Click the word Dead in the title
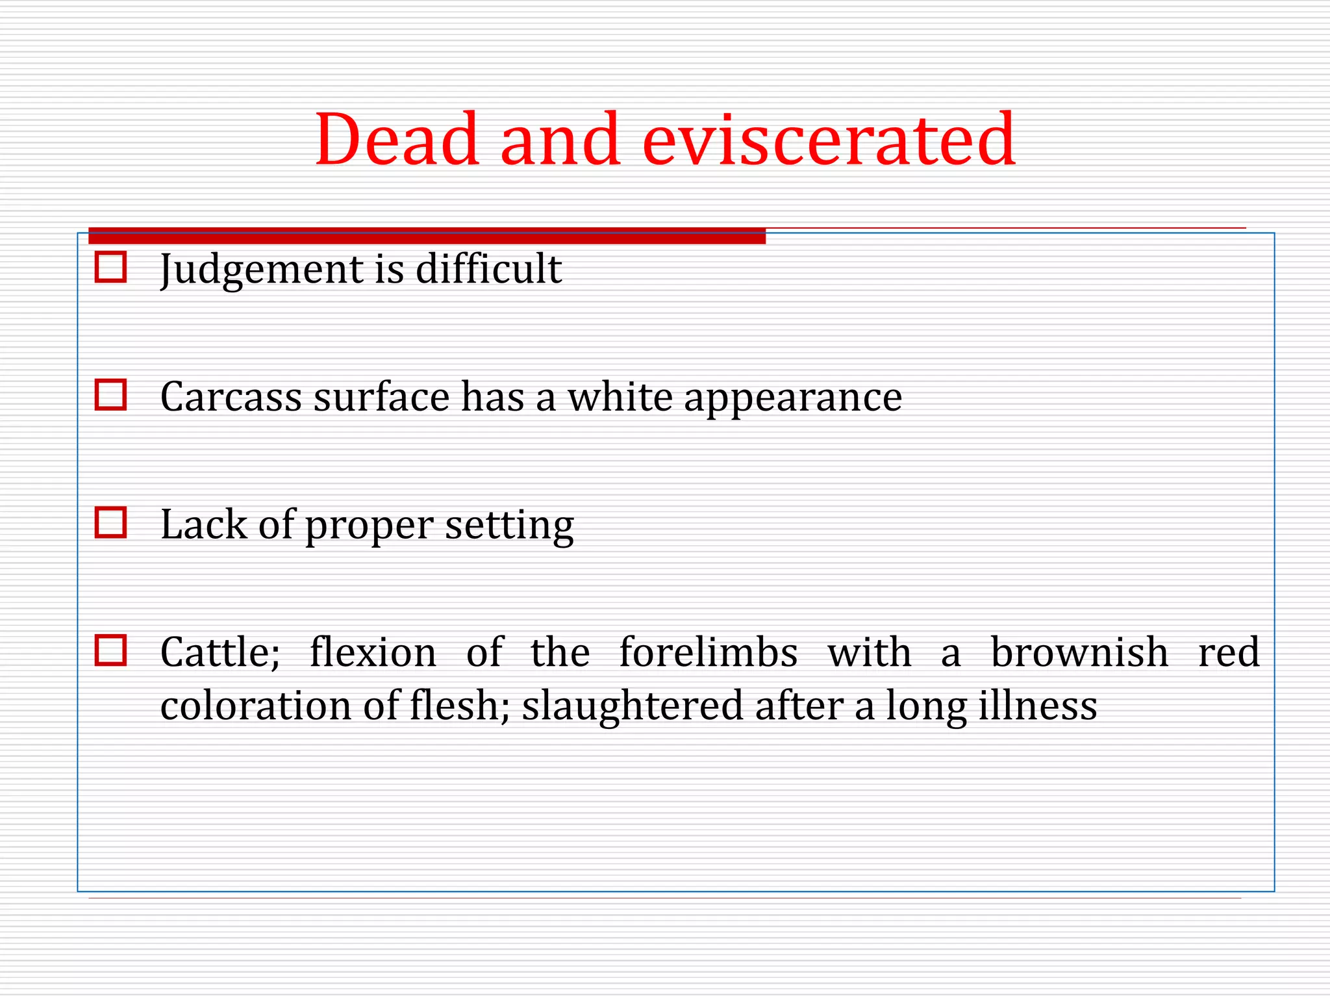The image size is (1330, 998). point(397,140)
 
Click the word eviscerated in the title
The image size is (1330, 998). point(829,140)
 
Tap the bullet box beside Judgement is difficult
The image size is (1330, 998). point(110,267)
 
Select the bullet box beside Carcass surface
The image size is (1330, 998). point(110,394)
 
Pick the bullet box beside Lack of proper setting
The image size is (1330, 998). point(110,522)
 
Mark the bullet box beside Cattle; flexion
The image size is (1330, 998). point(110,650)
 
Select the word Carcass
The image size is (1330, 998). point(231,397)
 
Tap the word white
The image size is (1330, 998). point(620,397)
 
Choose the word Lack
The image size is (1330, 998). point(204,524)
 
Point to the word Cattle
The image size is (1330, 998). point(220,652)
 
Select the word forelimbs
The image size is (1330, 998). point(709,652)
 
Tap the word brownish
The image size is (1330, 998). point(1079,652)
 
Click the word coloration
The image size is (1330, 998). point(256,706)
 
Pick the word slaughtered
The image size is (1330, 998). point(633,706)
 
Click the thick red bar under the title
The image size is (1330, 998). point(427,236)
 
